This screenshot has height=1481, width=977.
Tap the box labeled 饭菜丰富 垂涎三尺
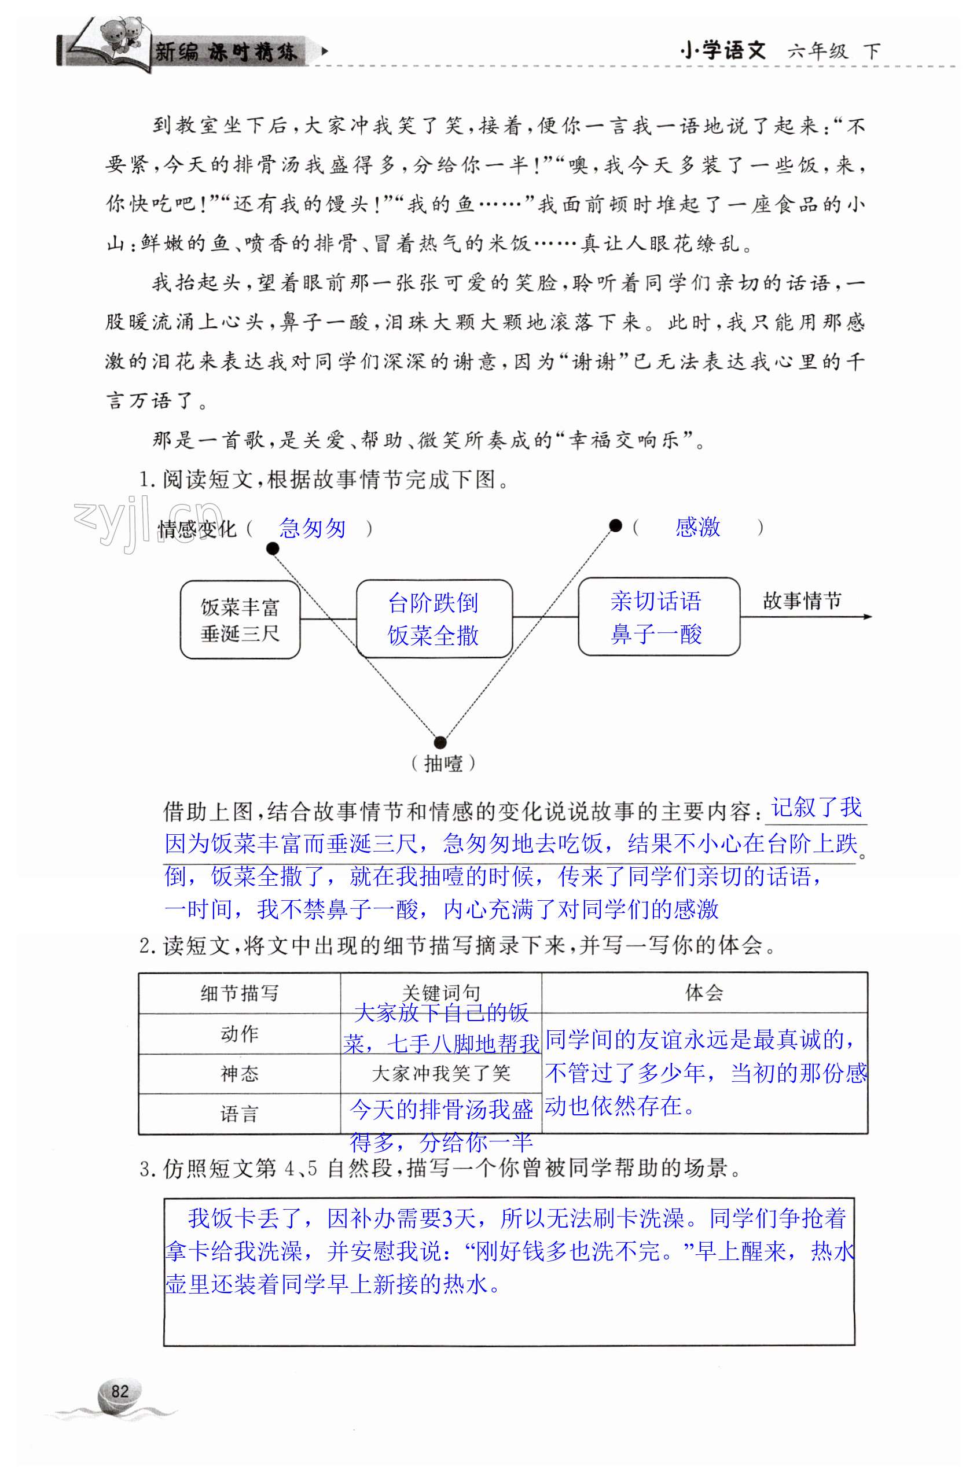pyautogui.click(x=240, y=620)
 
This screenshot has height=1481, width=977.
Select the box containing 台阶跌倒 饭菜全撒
pyautogui.click(x=434, y=618)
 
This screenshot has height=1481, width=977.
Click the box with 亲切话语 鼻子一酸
pyautogui.click(x=658, y=617)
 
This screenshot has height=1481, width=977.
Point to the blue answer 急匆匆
pyautogui.click(x=312, y=528)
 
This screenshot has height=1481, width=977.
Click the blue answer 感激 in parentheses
pyautogui.click(x=697, y=527)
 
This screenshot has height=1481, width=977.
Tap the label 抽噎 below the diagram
pyautogui.click(x=443, y=763)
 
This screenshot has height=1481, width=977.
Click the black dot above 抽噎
pyautogui.click(x=440, y=742)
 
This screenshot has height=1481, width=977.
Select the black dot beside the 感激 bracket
pyautogui.click(x=615, y=526)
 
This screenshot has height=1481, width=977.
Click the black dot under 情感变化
pyautogui.click(x=272, y=548)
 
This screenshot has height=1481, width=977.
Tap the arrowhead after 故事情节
pyautogui.click(x=868, y=617)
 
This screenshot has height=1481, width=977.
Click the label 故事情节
pyautogui.click(x=801, y=600)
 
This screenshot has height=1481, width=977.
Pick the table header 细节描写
pyautogui.click(x=239, y=993)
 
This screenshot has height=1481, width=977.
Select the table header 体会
pyautogui.click(x=704, y=992)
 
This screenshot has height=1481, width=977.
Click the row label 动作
pyautogui.click(x=239, y=1034)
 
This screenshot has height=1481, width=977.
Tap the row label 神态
pyautogui.click(x=239, y=1074)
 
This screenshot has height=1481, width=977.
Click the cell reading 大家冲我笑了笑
pyautogui.click(x=440, y=1074)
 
